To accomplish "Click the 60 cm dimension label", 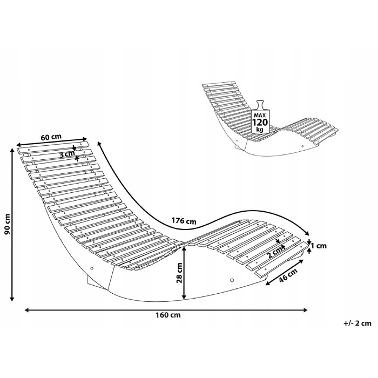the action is tap(51, 137).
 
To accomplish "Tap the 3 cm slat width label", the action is tap(67, 154).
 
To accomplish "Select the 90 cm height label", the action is tap(8, 224).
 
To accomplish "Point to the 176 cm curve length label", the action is tap(184, 221).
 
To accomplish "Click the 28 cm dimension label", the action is tap(180, 273).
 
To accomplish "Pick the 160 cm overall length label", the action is tap(168, 315).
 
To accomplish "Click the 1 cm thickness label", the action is tap(319, 246).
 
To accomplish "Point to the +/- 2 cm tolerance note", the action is tap(357, 323).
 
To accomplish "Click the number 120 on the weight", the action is tap(260, 122).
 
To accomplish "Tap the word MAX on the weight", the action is tap(260, 115).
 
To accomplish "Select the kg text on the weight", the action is tap(260, 130).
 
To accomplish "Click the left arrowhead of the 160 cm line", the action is tap(27, 310).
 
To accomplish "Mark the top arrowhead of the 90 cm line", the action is tap(12, 150).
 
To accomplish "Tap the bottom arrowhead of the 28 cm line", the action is tap(184, 297).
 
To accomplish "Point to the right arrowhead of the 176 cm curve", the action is tap(307, 233).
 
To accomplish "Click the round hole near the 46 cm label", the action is tap(232, 280).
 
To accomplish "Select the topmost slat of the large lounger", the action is tap(53, 148).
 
